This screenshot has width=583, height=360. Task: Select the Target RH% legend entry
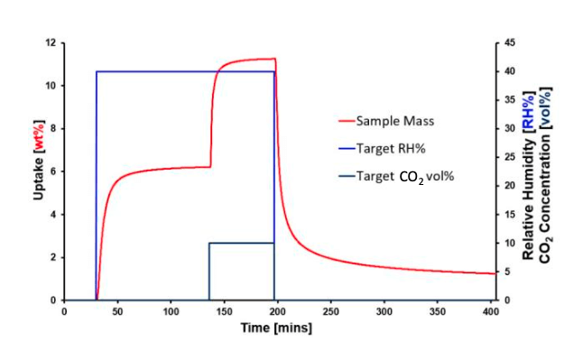[x=389, y=148]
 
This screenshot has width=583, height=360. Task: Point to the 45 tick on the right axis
[x=510, y=42]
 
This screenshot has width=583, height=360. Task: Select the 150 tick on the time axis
[x=224, y=311]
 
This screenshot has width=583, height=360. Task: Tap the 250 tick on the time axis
[x=330, y=311]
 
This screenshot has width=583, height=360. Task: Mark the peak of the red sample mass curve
[x=273, y=59]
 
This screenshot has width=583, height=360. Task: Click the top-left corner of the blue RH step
[x=96, y=71]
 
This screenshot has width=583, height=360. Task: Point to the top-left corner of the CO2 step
[x=209, y=243]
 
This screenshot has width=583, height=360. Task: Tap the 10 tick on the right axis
[x=510, y=243]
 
